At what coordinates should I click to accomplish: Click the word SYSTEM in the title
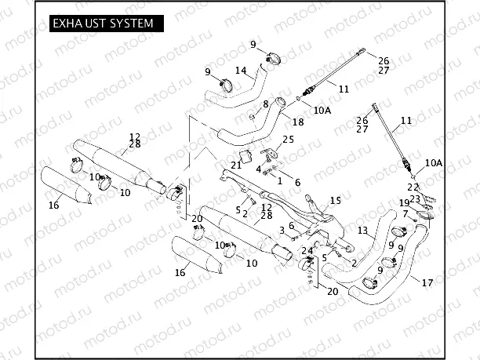(x=126, y=24)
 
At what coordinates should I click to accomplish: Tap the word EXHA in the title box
(x=64, y=24)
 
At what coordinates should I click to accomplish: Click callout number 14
(x=242, y=71)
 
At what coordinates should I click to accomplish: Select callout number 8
(x=266, y=104)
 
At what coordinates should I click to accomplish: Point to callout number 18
(x=297, y=122)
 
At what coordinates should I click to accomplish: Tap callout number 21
(x=236, y=165)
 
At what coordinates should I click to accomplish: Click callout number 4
(x=259, y=169)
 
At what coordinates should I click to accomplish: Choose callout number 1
(x=279, y=180)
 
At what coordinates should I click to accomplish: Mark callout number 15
(x=335, y=201)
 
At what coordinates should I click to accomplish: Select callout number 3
(x=281, y=230)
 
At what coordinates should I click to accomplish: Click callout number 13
(x=362, y=231)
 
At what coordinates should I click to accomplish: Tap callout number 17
(x=427, y=282)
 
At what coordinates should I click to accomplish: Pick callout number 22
(x=412, y=187)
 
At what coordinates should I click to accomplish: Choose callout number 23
(x=416, y=198)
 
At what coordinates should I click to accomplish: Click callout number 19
(x=404, y=204)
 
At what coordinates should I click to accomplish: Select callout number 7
(x=405, y=213)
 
